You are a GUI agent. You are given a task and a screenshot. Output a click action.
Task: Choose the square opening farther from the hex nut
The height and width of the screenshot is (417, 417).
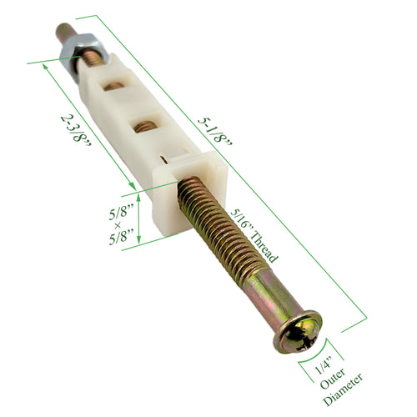coord(145,126)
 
